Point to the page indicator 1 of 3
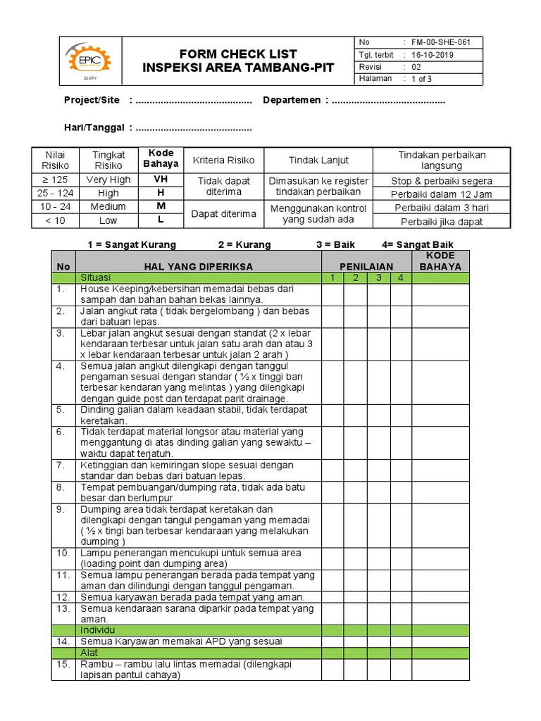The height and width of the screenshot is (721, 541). tap(422, 79)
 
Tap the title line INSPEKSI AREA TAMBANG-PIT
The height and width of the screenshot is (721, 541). tap(239, 68)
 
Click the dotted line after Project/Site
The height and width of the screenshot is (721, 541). tap(193, 101)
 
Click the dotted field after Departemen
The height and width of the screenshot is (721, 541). tap(388, 101)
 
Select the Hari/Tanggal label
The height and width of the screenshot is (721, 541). tap(94, 127)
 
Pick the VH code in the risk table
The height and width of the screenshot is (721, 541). tap(161, 180)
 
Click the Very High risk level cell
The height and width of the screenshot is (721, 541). tap(108, 180)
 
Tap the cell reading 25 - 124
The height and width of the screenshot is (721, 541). tap(54, 193)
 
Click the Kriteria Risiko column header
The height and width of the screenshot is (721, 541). tap(223, 161)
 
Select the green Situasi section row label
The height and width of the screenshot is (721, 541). tap(96, 278)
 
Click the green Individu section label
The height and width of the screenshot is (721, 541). tap(98, 629)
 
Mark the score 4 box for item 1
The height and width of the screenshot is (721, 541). tap(401, 294)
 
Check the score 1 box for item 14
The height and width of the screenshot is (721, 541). tap(332, 641)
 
